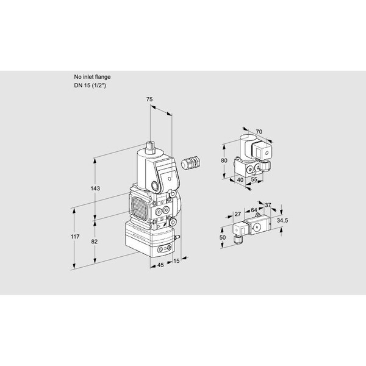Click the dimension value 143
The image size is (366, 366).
[x=95, y=188]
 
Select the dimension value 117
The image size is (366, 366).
[x=75, y=237]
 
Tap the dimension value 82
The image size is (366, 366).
[x=94, y=242]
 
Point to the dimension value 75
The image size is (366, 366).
[x=149, y=99]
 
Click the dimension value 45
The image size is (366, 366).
[x=160, y=265]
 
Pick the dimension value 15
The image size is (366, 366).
[x=176, y=260]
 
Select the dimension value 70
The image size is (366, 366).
[x=259, y=132]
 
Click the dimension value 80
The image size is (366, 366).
[x=224, y=160]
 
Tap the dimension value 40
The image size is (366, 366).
[x=240, y=180]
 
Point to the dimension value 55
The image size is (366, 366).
[x=254, y=179]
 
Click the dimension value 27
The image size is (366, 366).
[x=238, y=214]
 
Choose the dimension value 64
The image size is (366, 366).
[x=254, y=210]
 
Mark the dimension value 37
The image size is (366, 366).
[x=268, y=205]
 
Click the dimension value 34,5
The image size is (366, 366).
[x=282, y=220]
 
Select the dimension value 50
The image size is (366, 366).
[x=223, y=237]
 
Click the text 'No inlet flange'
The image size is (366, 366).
[x=92, y=77]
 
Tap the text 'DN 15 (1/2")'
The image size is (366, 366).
[x=90, y=85]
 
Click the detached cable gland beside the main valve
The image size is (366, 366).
[x=191, y=162]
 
